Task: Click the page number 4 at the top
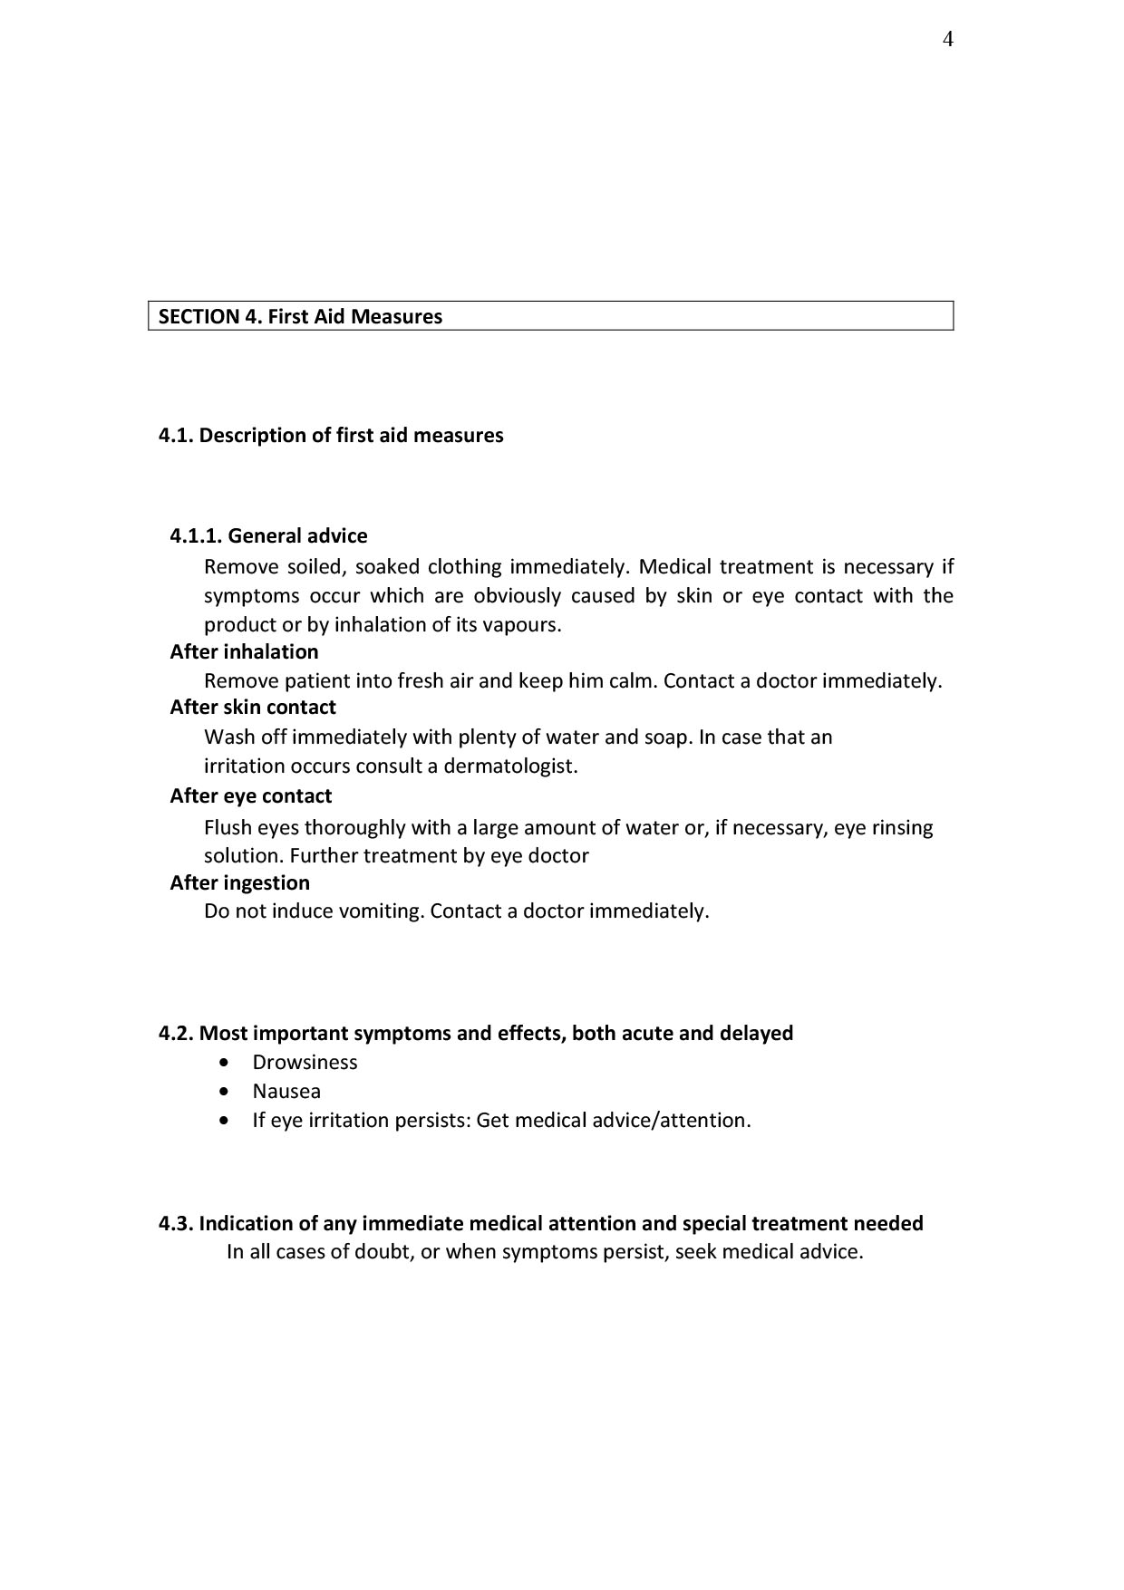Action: tap(947, 39)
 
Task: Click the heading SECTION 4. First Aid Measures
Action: tap(300, 316)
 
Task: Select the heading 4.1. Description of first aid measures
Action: tap(331, 435)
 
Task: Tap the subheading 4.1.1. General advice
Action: tap(268, 535)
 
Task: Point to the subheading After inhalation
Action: tap(244, 651)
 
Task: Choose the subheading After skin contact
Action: tap(253, 707)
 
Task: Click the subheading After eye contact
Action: tap(250, 795)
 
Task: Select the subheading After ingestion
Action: tap(239, 882)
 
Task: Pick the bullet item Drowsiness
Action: tap(305, 1062)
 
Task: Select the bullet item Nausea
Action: tap(286, 1091)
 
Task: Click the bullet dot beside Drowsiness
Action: tap(225, 1063)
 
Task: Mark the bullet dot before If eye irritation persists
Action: tap(225, 1121)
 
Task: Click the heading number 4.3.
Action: tap(176, 1223)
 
